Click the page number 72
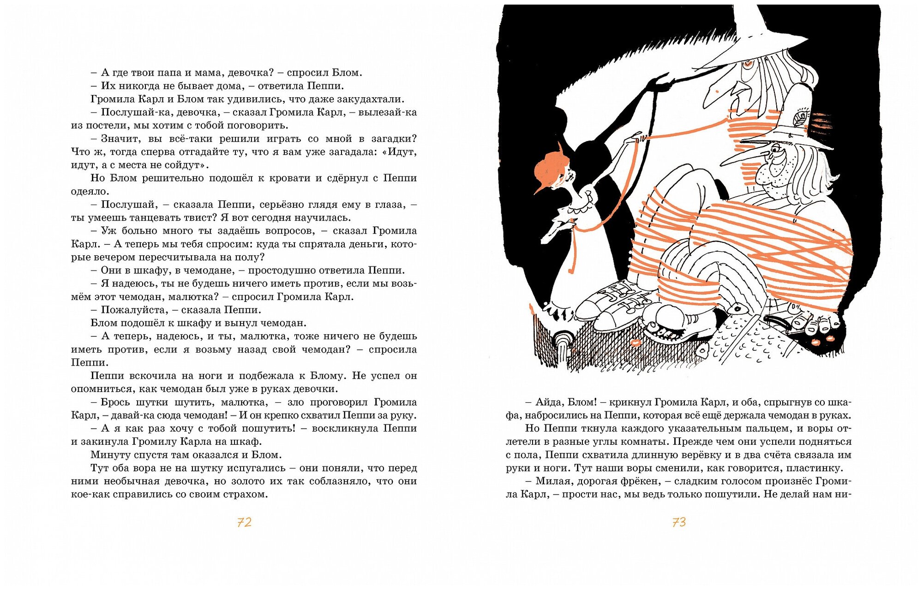click(x=244, y=522)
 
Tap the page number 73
click(x=679, y=522)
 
